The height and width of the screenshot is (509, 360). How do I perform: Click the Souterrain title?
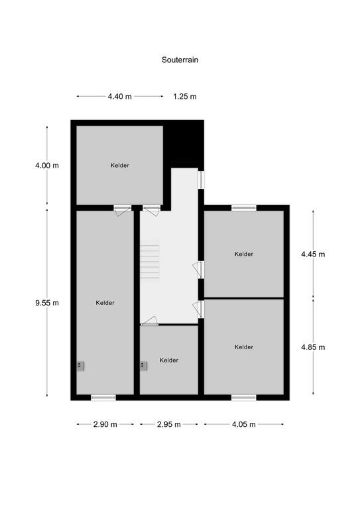tap(180, 60)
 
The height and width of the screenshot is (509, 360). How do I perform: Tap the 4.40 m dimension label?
tap(120, 96)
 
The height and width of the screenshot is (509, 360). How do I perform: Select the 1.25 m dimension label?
tap(185, 96)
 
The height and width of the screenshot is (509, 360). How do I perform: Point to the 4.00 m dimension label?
tap(47, 165)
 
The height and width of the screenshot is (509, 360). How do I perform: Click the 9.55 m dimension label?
tap(47, 303)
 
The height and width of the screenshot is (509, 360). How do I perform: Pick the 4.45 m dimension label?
tap(313, 254)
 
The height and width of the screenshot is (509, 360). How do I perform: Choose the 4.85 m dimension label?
tap(313, 347)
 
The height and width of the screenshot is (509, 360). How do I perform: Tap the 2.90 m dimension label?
tap(105, 424)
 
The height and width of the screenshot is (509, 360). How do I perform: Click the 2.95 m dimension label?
tap(169, 424)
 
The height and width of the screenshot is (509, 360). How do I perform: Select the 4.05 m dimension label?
tap(244, 424)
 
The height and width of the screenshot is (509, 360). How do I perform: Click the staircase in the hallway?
tap(150, 262)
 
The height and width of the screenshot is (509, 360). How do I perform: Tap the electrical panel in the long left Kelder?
tap(80, 366)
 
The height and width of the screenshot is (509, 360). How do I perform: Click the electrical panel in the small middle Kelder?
tap(143, 366)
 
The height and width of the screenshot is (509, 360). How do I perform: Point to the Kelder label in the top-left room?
tap(120, 165)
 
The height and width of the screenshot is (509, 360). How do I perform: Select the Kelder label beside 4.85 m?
tap(244, 347)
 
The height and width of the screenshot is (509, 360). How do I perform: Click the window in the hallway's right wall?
tap(202, 180)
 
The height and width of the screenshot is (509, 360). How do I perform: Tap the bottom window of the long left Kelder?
tap(103, 398)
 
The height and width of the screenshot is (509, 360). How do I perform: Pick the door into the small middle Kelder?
tap(149, 321)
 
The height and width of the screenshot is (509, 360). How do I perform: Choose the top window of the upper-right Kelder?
tap(244, 207)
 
